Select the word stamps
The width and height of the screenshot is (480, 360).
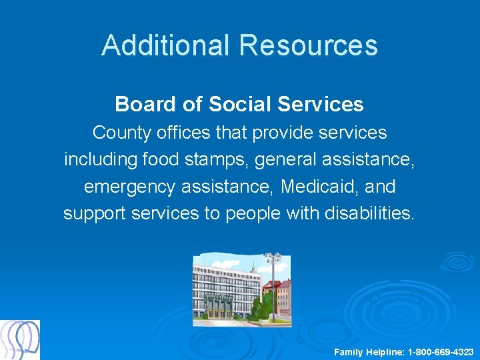208,160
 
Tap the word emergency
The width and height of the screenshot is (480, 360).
133,187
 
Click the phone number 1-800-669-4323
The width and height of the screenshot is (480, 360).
441,351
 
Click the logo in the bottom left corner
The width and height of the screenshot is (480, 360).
20,339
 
